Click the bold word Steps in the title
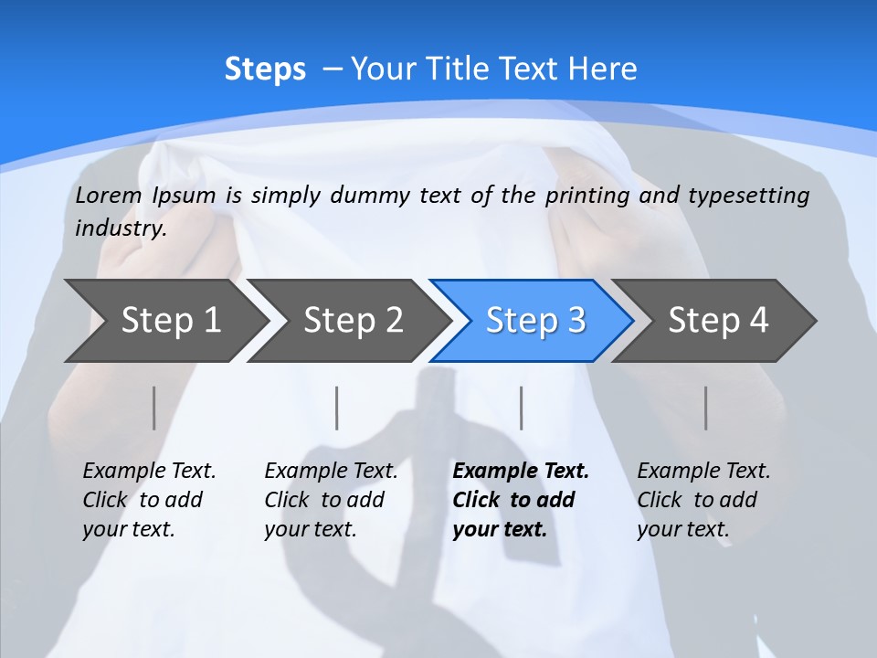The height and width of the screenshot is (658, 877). point(265,69)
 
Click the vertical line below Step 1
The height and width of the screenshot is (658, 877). point(154,408)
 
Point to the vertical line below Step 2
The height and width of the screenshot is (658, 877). point(337,408)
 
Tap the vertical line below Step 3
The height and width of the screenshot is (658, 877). point(522,408)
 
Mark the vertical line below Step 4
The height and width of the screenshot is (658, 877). point(706,408)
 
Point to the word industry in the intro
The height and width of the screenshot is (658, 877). point(120,228)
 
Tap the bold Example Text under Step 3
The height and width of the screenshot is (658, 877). point(521,472)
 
